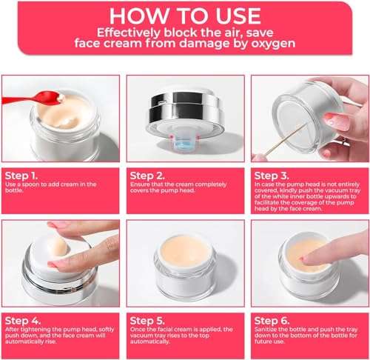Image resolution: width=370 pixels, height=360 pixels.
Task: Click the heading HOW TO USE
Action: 184,16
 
